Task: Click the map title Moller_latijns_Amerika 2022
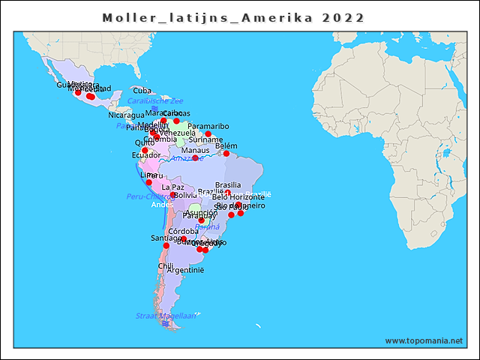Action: (x=234, y=17)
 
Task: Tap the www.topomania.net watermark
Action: (x=424, y=340)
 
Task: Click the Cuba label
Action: (x=142, y=91)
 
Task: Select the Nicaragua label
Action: (x=126, y=115)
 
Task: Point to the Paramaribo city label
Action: (x=208, y=126)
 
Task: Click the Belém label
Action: (x=226, y=145)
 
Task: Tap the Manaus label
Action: (x=196, y=150)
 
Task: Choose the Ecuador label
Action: (x=146, y=155)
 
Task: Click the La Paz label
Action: (x=172, y=187)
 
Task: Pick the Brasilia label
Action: (x=228, y=184)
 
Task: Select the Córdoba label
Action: (x=184, y=231)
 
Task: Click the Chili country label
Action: (x=166, y=265)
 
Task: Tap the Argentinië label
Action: (x=185, y=269)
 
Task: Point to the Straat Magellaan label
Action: (x=166, y=316)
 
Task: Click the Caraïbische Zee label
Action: (x=155, y=100)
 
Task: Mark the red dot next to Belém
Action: (x=226, y=154)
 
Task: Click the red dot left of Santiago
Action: (x=166, y=245)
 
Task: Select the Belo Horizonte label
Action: (x=238, y=196)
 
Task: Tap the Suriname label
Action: (x=205, y=139)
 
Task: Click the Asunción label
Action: (x=201, y=212)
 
